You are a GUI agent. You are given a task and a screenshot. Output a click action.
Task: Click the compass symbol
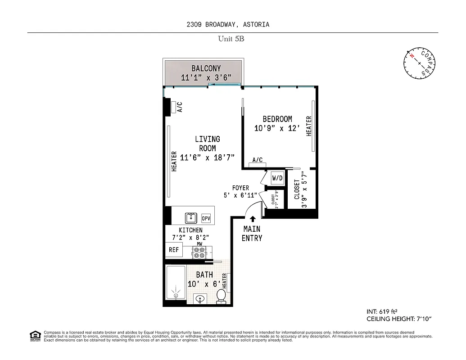point(419,63)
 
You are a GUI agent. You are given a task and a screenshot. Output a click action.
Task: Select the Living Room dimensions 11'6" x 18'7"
point(207,157)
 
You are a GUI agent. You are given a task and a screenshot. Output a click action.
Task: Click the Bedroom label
point(277,119)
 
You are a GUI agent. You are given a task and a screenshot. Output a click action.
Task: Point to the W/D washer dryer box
point(277,178)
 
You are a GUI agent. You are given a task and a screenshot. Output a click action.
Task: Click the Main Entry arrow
point(253,219)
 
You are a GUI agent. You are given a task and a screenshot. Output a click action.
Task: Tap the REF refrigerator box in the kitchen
point(174,250)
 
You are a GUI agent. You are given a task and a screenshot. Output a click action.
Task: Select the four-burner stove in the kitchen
point(199,252)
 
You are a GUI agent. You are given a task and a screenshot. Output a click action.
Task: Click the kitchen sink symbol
point(191,218)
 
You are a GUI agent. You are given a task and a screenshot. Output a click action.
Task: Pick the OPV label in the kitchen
point(206,218)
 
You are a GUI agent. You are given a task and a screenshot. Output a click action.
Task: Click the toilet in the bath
point(221,296)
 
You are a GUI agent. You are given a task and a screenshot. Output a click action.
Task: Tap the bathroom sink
point(200,298)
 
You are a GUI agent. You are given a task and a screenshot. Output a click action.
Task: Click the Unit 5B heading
point(231,39)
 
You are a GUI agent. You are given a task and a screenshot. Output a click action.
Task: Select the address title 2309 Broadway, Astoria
point(228,24)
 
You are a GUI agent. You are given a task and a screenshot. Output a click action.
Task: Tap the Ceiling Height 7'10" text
point(399,319)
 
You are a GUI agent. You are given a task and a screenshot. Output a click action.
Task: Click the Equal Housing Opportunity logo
point(35,335)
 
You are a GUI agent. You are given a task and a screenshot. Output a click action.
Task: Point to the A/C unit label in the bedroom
point(258,160)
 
